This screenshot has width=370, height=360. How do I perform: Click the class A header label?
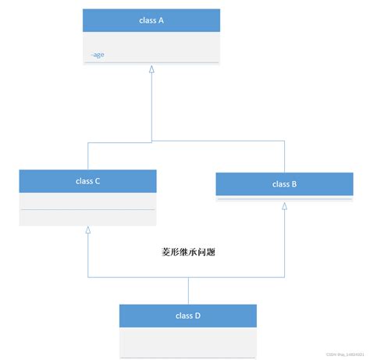tap(151, 21)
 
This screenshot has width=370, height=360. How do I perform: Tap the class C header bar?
tap(88, 180)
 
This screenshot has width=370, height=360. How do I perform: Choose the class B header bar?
tap(284, 184)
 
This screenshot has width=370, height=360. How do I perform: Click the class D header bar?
tap(188, 315)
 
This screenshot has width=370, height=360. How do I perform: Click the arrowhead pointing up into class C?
tap(88, 231)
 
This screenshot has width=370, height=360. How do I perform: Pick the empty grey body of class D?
tap(188, 342)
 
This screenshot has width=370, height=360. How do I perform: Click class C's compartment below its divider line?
tap(88, 218)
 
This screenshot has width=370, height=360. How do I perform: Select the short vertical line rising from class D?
tap(188, 291)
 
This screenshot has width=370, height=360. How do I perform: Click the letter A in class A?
tap(161, 21)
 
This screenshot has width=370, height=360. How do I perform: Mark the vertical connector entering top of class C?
tap(88, 156)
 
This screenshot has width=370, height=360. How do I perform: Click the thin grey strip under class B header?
tap(284, 198)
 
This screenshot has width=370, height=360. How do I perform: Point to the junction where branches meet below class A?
tap(151, 141)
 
